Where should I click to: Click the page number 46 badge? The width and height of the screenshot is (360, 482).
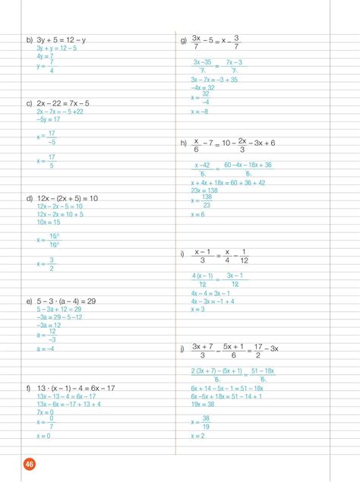(x=30, y=465)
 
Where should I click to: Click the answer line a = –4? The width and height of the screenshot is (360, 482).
(x=45, y=349)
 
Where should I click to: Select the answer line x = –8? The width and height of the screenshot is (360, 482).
(x=199, y=112)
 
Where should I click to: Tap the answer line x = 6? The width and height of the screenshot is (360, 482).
(x=197, y=215)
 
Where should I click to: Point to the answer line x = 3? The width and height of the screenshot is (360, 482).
(x=197, y=309)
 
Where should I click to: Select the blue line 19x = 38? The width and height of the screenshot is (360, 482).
(x=203, y=405)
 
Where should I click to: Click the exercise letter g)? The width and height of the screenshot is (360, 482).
(x=183, y=39)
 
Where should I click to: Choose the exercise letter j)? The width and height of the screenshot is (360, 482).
(x=183, y=349)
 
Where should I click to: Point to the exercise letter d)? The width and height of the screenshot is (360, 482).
(x=30, y=198)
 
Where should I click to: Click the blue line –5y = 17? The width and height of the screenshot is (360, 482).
(x=49, y=119)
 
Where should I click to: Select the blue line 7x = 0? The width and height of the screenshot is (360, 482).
(x=46, y=412)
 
